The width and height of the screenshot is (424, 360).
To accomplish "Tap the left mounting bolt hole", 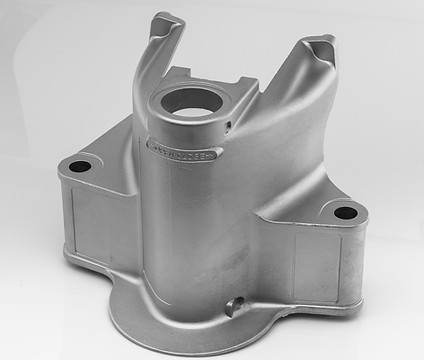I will pyautogui.click(x=81, y=163).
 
